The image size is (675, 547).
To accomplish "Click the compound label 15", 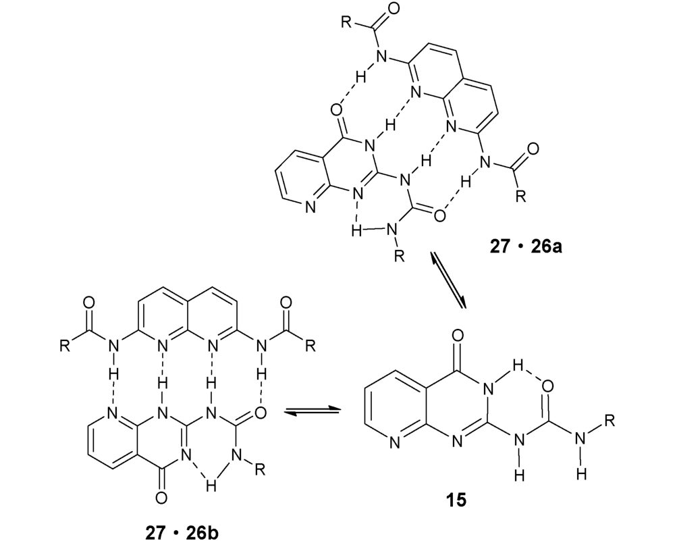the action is tap(456, 500).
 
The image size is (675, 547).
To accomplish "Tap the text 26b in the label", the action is tap(202, 533).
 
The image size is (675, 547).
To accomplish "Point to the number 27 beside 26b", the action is tap(155, 533).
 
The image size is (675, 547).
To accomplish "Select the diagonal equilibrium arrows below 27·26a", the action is tap(449, 281).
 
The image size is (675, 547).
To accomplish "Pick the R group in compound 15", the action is tap(609, 420).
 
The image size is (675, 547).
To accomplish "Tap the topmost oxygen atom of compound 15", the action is tap(458, 335).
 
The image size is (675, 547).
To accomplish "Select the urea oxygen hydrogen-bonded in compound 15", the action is tap(547, 386).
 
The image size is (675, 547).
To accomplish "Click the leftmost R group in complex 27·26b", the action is tap(65, 346).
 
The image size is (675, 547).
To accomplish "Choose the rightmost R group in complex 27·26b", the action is tap(310, 346).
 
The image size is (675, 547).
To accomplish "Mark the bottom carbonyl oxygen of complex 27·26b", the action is tap(161, 498).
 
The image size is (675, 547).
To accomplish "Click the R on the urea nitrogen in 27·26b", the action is tap(260, 469).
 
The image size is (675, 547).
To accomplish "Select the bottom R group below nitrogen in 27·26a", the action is tap(400, 257).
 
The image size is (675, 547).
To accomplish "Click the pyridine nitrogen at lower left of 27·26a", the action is tap(310, 207).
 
